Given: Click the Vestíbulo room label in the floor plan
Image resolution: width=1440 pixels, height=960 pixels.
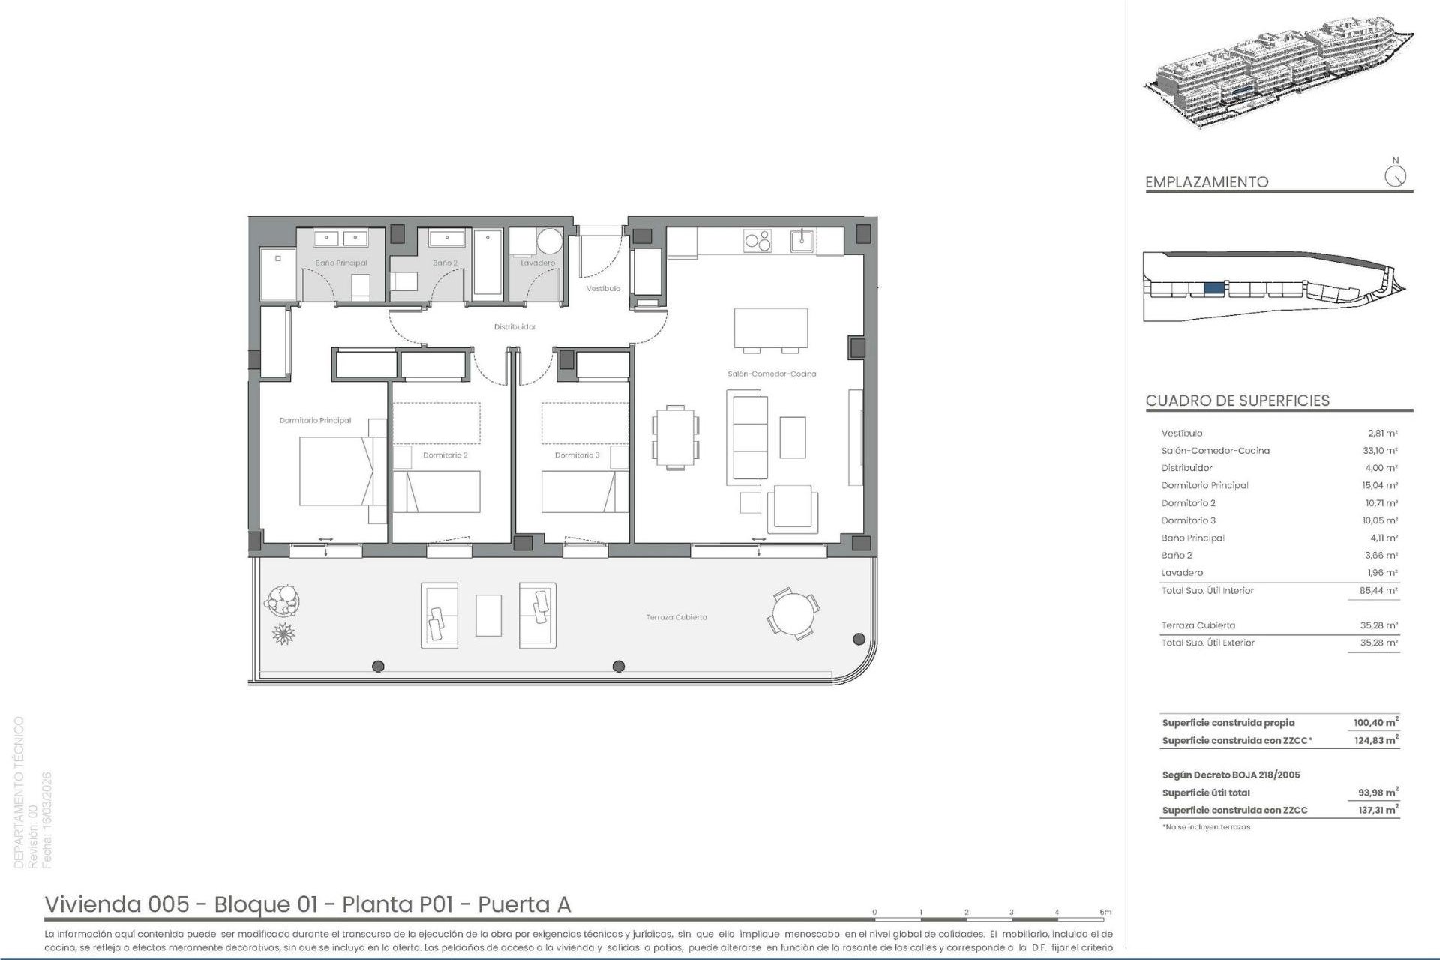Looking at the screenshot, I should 603,289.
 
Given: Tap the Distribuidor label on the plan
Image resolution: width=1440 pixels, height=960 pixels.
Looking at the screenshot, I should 514,327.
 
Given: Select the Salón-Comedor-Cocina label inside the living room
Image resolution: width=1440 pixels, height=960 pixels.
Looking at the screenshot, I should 771,373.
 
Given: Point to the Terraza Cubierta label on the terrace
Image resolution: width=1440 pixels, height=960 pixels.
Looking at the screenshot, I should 676,617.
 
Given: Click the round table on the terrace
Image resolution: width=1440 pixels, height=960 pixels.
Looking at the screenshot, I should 793,613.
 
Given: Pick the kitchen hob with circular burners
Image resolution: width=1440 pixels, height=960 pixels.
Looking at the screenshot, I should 757,241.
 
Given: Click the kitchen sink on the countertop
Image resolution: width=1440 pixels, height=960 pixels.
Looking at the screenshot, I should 802,241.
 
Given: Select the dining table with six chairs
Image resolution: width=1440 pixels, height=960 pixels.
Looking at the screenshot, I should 676,437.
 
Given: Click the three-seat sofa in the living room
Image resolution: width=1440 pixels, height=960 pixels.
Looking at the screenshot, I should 747,437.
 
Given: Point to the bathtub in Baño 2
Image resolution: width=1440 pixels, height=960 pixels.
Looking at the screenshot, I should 487,262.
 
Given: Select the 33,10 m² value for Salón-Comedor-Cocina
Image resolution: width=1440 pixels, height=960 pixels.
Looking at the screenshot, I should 1381,451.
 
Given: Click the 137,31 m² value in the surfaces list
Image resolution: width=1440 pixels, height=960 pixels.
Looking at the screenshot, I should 1378,811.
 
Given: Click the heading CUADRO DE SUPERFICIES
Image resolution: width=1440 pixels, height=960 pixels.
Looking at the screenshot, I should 1237,400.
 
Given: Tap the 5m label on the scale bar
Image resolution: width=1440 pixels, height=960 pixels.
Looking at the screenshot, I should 1105,913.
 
